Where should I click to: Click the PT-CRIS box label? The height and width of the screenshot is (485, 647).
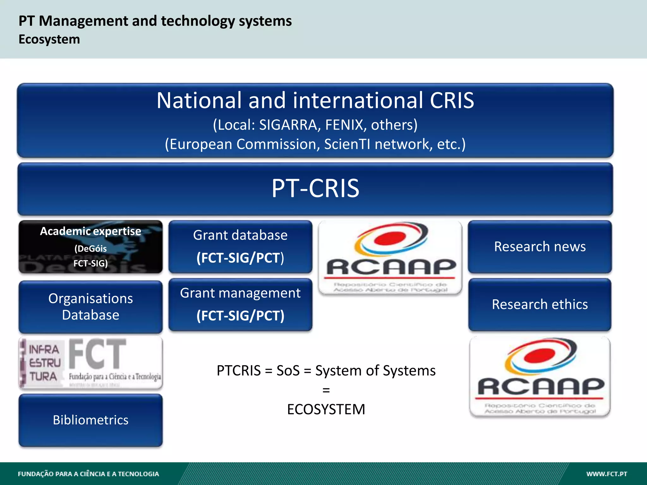(315, 189)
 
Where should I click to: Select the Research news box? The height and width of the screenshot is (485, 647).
(540, 247)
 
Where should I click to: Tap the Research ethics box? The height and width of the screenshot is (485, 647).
(540, 304)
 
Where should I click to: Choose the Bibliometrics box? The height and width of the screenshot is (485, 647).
(91, 420)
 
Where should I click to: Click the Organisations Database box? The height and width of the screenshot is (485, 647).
(91, 307)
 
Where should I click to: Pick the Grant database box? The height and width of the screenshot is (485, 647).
(240, 247)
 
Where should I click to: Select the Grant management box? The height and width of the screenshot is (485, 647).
(240, 304)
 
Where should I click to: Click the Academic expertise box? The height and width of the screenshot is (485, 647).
(91, 247)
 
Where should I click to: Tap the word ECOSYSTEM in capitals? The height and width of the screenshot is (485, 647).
(326, 409)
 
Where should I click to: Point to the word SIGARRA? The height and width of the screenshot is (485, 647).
(288, 125)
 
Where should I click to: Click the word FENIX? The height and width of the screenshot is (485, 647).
(344, 125)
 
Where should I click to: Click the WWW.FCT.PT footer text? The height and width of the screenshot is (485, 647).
(607, 474)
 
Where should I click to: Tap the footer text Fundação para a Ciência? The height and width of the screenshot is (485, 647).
(88, 474)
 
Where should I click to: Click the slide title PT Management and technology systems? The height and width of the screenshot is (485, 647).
(155, 21)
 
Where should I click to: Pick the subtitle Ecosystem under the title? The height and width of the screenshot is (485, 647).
(49, 39)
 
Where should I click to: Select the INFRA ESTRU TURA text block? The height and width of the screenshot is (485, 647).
(44, 363)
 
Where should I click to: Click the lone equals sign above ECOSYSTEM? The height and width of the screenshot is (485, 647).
(326, 390)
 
